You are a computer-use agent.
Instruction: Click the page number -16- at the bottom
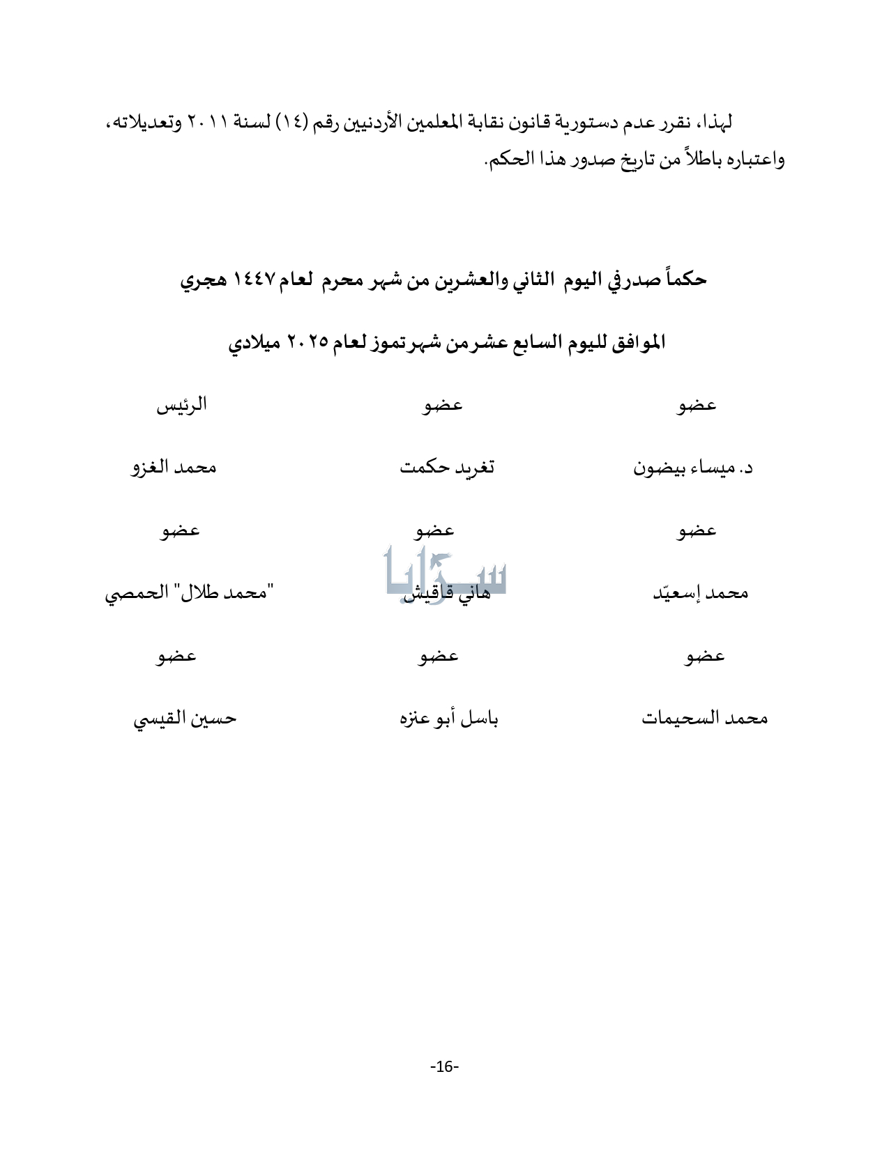coord(444,1066)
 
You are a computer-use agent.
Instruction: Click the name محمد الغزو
coord(174,467)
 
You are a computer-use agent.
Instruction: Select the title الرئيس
coord(181,405)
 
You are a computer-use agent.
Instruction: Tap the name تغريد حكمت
coord(447,467)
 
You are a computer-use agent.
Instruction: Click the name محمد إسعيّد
coord(700,593)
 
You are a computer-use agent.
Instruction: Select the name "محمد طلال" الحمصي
coord(189,593)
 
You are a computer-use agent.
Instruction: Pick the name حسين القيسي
coord(185,719)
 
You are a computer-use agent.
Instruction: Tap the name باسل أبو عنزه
coord(448,719)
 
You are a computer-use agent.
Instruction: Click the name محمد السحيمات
coord(704,719)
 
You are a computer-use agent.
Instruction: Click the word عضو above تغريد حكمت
coord(443,405)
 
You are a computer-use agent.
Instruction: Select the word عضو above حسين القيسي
coord(176,656)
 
